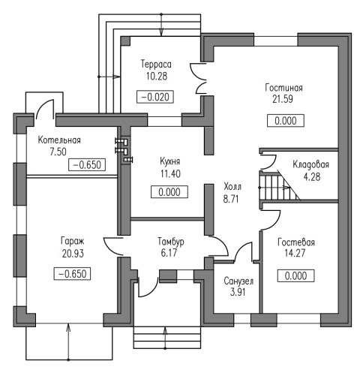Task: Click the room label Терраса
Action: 156,65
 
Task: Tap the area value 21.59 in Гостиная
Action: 283,99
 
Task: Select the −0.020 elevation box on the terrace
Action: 155,97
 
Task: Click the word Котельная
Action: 59,140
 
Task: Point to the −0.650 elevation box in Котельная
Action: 87,165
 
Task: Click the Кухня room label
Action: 170,161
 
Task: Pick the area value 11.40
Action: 170,173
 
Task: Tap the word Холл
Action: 232,187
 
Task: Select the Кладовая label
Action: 310,164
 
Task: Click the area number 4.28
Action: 312,177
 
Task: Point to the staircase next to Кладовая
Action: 280,185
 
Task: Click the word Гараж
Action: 73,242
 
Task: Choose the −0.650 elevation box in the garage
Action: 72,273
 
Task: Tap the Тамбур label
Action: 171,242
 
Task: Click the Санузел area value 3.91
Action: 238,292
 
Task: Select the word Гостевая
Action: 296,242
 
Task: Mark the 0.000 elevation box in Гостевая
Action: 295,276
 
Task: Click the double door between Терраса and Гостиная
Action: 199,79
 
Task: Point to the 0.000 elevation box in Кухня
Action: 169,192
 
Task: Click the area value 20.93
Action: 73,254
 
